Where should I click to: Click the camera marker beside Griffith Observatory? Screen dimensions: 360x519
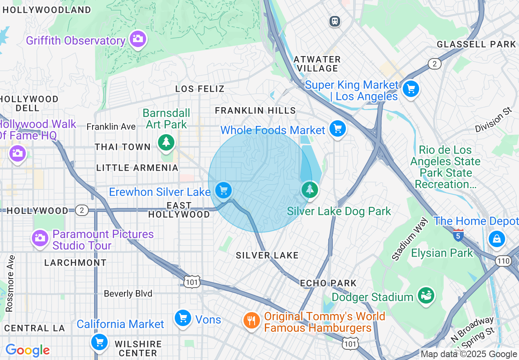click(138, 39)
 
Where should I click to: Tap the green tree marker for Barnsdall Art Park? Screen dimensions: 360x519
click(166, 142)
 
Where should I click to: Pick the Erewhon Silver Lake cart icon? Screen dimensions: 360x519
click(223, 190)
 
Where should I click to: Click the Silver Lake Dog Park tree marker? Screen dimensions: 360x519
click(310, 190)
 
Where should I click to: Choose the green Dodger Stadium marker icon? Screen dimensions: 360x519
click(426, 295)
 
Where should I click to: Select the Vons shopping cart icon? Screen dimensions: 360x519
click(183, 318)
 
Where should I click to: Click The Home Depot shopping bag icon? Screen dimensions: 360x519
click(496, 239)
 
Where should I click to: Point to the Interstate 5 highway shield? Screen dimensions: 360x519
click(458, 235)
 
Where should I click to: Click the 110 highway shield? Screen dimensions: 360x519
click(503, 261)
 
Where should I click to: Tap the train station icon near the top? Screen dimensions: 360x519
click(335, 21)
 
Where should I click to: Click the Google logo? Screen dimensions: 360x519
click(27, 350)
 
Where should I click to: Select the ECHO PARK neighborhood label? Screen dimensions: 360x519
click(328, 283)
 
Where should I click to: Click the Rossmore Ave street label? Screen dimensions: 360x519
click(10, 283)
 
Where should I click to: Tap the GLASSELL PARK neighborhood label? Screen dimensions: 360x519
click(476, 44)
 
